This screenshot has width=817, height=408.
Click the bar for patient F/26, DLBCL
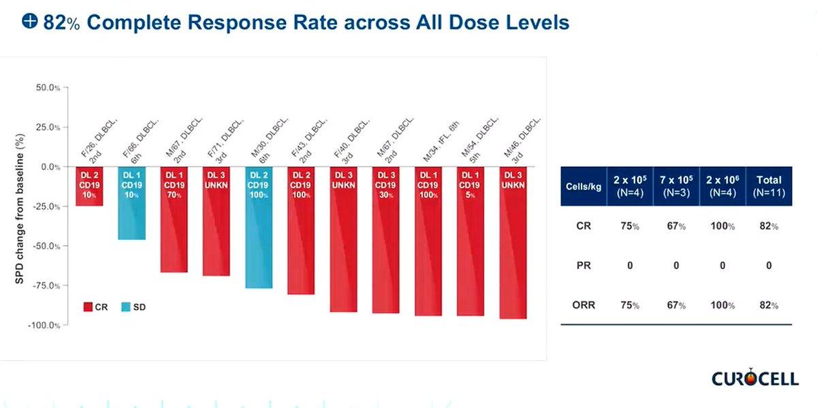(89, 186)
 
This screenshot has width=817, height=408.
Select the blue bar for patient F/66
(131, 203)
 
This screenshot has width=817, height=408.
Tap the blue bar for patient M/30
(259, 227)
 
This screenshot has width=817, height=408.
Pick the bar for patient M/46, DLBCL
(513, 242)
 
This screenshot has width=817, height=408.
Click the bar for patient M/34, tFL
(428, 241)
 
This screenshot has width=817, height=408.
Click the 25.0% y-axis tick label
(48, 127)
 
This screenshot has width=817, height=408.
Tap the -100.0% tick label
(44, 325)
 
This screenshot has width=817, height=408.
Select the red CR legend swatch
(88, 307)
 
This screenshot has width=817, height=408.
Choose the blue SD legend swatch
(126, 307)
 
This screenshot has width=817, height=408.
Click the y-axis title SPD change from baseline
(19, 208)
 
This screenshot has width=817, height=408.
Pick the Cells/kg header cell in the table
(583, 186)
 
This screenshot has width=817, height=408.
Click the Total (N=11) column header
(769, 186)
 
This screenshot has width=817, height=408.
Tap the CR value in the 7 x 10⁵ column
(676, 226)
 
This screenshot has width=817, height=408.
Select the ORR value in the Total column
(769, 305)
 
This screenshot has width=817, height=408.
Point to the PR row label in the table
(583, 266)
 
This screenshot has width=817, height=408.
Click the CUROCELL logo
(755, 378)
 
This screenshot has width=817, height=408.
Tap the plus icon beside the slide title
(29, 20)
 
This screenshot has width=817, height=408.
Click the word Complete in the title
(134, 22)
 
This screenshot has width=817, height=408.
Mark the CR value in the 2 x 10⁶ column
(722, 226)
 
